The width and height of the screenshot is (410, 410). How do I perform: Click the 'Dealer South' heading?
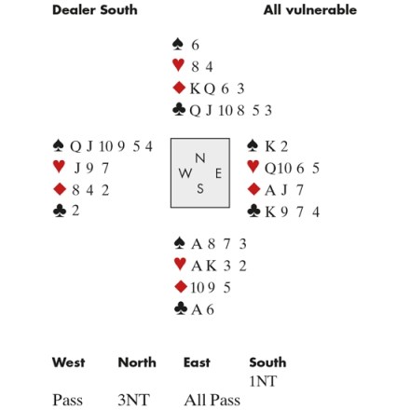pos(95,10)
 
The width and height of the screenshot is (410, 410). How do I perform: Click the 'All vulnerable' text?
pos(310,10)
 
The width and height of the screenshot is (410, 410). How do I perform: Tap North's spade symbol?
pos(178,44)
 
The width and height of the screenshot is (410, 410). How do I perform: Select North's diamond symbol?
pos(179,88)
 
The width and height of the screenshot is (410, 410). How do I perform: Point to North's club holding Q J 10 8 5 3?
pos(230,110)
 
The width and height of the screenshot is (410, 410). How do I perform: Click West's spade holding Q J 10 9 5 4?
pos(111,146)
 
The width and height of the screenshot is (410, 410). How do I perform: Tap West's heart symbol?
pos(59,167)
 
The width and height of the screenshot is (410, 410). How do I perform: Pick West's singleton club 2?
pos(75,211)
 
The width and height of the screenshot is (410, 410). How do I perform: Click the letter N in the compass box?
pos(200,158)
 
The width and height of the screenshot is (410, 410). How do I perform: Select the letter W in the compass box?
pos(185,173)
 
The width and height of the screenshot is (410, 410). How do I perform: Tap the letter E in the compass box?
pos(218,173)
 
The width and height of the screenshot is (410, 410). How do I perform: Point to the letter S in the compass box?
pos(200,188)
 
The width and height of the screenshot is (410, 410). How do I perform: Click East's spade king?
pos(269,146)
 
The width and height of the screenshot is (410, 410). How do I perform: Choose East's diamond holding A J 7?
pos(284,190)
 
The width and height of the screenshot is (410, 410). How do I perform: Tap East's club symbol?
pos(253,211)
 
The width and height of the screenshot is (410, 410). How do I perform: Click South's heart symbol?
pos(180,264)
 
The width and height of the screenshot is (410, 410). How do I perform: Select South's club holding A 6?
pos(202,309)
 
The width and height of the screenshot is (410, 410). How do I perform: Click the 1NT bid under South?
pos(263,381)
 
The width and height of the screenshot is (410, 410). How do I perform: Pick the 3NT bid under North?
pos(133,400)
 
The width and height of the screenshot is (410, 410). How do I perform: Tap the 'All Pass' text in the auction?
pos(212,400)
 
